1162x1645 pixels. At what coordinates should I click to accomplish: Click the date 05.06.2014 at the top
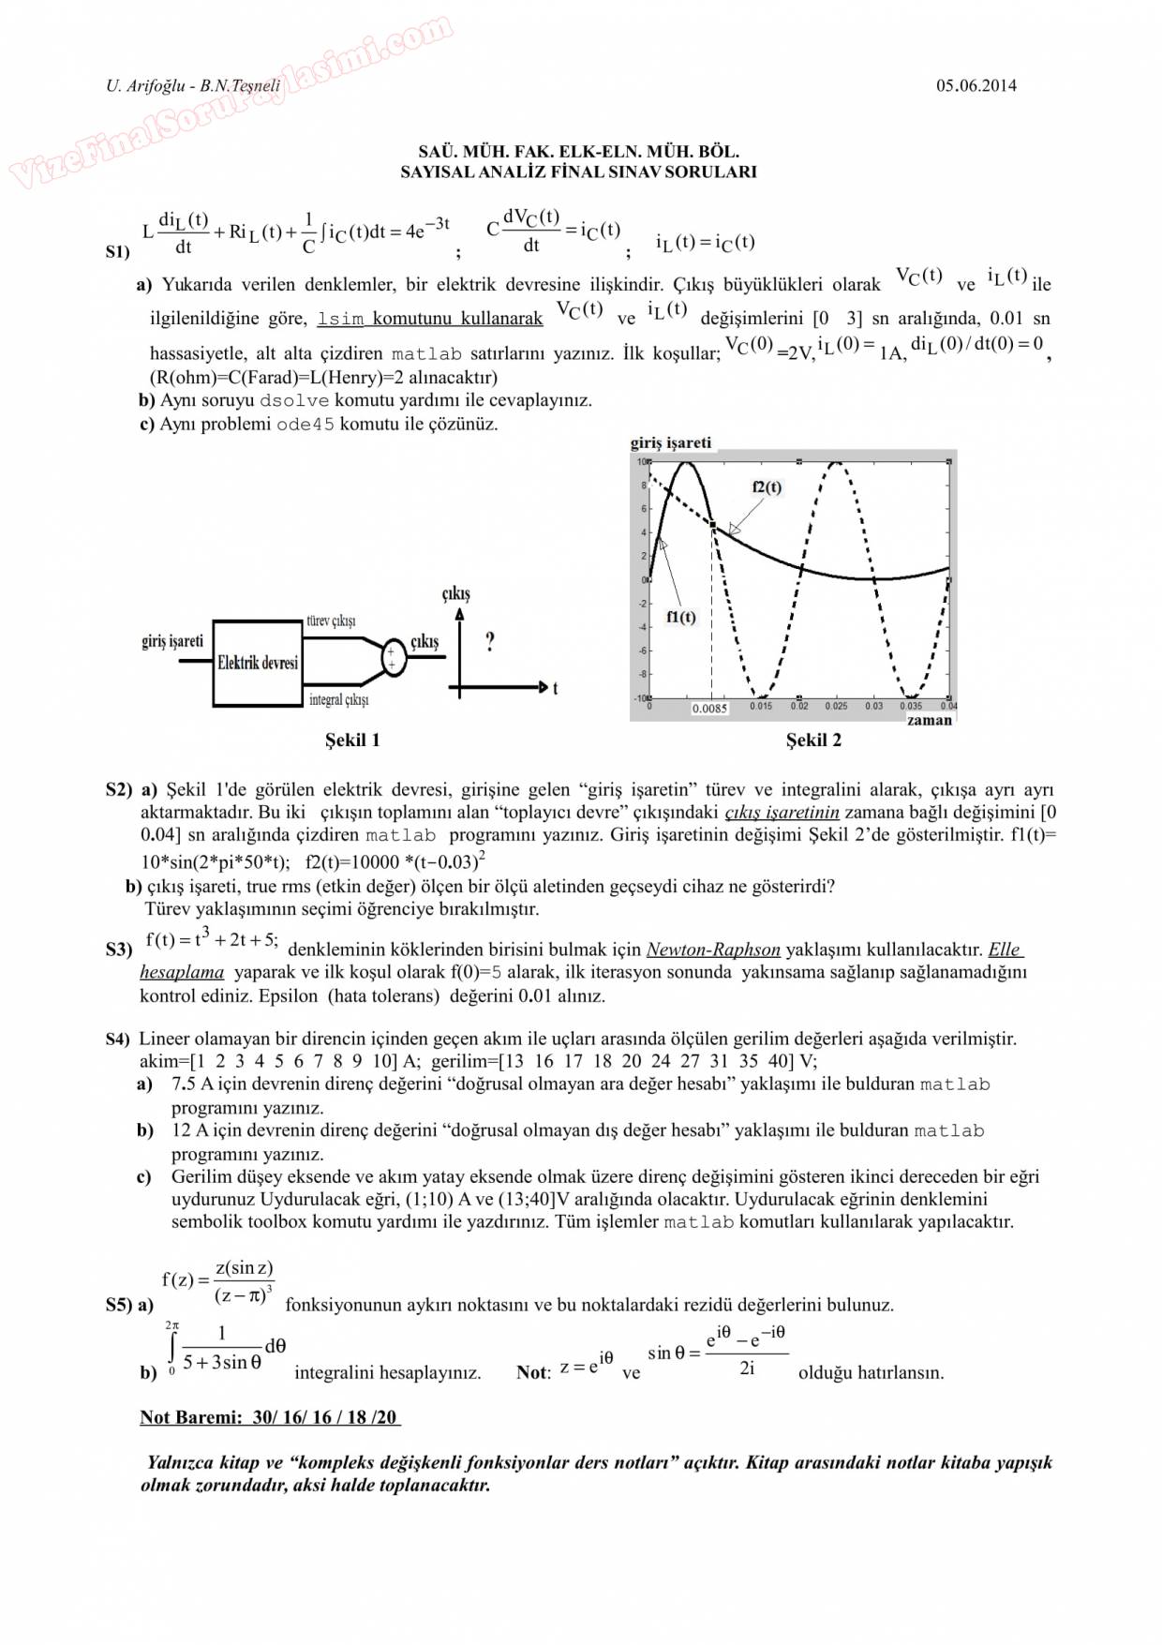976,85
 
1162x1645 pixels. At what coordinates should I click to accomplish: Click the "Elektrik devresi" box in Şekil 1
258,663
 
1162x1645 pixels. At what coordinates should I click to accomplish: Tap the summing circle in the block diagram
393,658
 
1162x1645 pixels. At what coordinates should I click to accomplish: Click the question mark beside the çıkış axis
490,642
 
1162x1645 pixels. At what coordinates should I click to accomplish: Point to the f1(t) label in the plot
681,617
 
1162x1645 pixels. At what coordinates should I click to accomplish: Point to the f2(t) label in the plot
767,487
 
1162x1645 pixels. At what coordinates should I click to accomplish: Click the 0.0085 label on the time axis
709,709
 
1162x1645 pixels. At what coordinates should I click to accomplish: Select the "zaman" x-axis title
929,720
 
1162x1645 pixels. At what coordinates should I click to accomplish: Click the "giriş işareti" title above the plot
671,442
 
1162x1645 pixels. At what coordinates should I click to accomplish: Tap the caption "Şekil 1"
352,740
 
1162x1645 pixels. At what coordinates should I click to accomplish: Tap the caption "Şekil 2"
813,740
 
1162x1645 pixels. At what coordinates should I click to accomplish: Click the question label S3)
119,950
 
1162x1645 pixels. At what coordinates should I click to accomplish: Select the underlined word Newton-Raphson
713,950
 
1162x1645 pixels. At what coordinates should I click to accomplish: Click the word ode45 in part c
305,424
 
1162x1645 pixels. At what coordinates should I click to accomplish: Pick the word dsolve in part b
294,400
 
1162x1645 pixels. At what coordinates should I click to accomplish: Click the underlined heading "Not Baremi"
191,1417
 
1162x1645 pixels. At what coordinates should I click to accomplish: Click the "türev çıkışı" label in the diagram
331,621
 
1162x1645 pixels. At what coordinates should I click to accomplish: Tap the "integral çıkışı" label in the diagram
338,700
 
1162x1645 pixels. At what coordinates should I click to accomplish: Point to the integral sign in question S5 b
172,1349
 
